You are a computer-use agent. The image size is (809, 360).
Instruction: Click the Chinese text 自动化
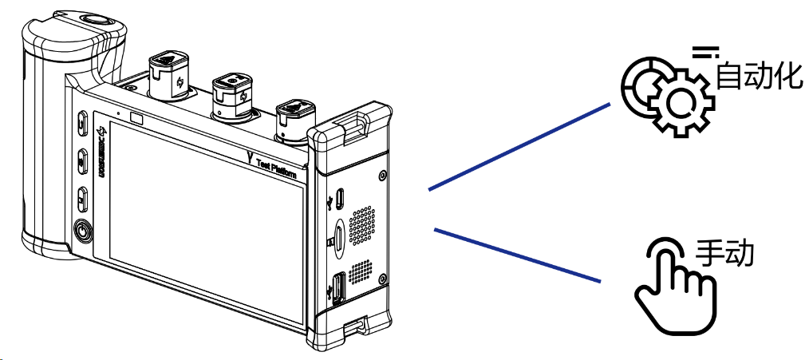coord(756,77)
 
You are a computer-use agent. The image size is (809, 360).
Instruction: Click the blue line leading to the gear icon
coord(519,146)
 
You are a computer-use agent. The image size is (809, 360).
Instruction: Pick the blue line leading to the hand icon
coord(517,255)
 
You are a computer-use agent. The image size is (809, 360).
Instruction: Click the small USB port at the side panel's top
coord(340,197)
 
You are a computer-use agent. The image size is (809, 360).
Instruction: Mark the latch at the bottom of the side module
coord(355,327)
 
